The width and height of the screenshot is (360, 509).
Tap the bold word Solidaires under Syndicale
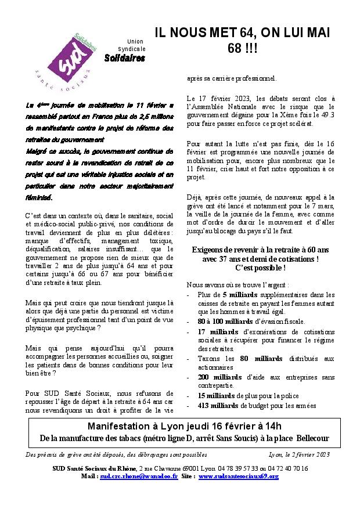click(125, 58)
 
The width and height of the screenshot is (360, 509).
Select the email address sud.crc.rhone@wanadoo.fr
click(138, 476)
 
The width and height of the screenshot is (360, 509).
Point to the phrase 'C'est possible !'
click(260, 268)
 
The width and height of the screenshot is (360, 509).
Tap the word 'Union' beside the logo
click(135, 41)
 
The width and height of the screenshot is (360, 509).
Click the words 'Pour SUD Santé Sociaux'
click(63, 393)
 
